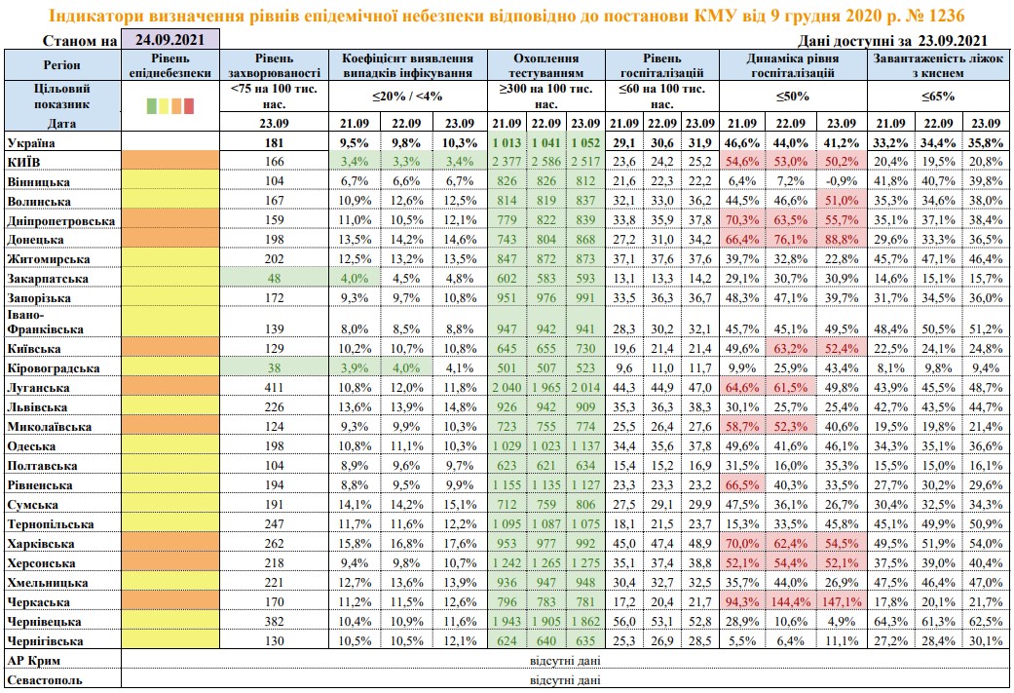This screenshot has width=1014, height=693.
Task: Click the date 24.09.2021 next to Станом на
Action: point(168,41)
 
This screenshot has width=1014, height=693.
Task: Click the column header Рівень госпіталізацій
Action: point(661,65)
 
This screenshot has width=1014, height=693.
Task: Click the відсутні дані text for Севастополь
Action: point(564,680)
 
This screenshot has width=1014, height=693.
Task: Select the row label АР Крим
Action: point(28,661)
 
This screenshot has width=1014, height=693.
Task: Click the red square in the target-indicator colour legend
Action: point(190,105)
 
